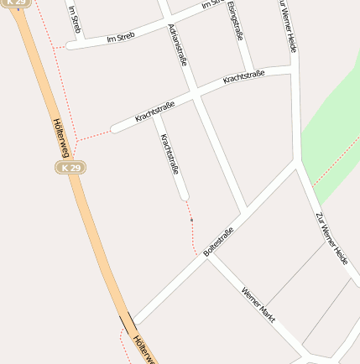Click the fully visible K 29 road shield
click(71, 168)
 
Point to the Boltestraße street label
click(219, 241)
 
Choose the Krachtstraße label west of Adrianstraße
click(154, 112)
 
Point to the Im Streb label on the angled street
click(121, 38)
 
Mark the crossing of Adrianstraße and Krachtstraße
click(197, 95)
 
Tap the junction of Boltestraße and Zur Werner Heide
click(298, 165)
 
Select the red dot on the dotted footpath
click(191, 220)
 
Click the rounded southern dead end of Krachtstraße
click(184, 197)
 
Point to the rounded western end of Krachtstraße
click(115, 129)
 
